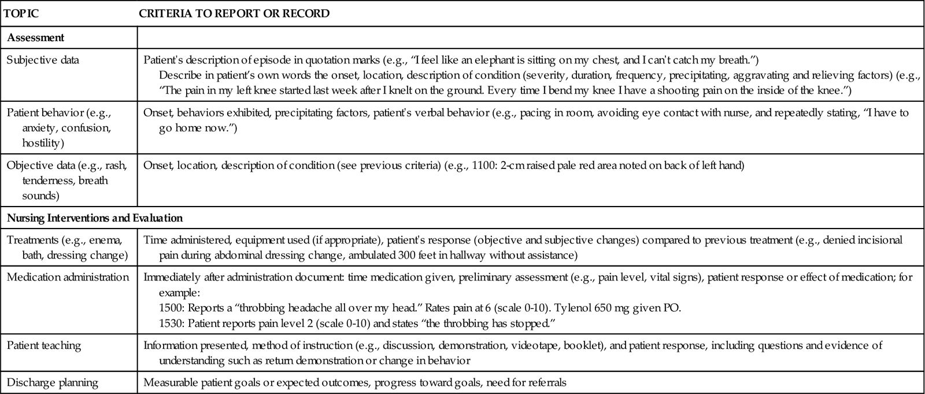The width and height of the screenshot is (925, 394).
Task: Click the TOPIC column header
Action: (x=21, y=13)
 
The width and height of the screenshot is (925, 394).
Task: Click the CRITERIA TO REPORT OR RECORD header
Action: (x=234, y=13)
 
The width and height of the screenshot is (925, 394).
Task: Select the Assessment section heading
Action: (x=35, y=38)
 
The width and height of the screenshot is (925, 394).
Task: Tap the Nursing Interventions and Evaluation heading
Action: (x=94, y=218)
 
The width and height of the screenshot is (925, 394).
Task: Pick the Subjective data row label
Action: (x=43, y=60)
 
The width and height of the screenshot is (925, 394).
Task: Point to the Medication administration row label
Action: (x=68, y=277)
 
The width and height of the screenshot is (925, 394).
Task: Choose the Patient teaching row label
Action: (x=44, y=345)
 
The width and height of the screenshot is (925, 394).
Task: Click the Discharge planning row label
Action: (x=53, y=382)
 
